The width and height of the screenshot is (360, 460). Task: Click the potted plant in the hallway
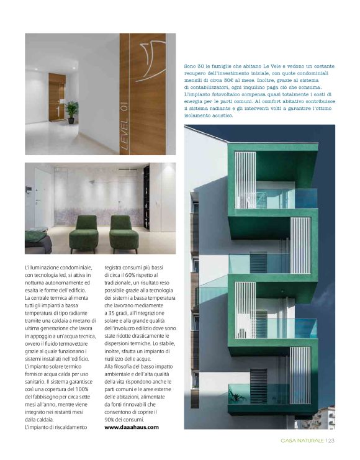pyautogui.click(x=72, y=110)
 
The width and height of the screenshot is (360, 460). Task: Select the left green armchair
pyautogui.click(x=83, y=231)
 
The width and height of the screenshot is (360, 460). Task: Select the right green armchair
pyautogui.click(x=124, y=231)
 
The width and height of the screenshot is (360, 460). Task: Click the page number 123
pyautogui.click(x=330, y=441)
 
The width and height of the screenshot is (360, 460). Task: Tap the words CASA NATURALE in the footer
pyautogui.click(x=298, y=441)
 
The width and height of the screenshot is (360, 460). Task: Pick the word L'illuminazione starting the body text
pyautogui.click(x=43, y=266)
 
